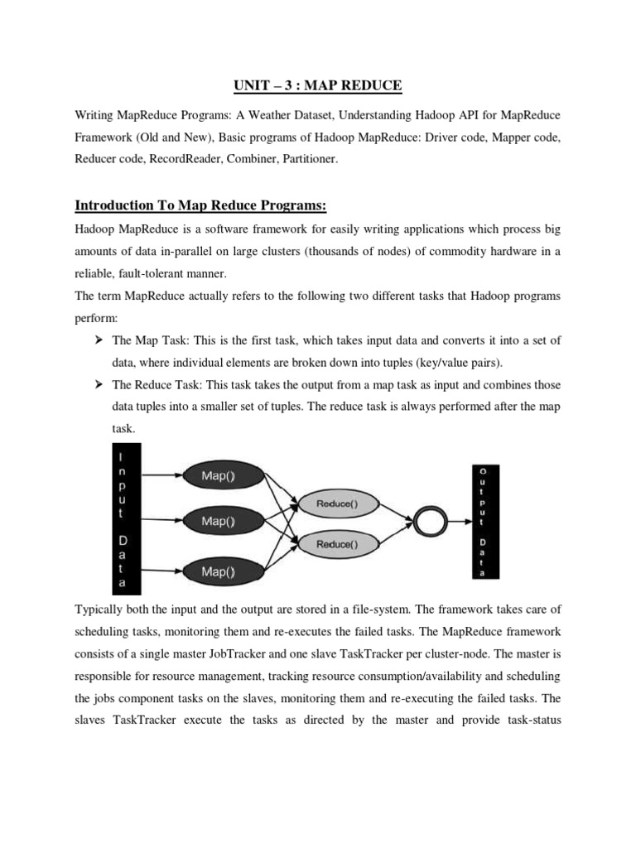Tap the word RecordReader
point(185,157)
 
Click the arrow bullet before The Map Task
point(98,340)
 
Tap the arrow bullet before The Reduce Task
point(98,384)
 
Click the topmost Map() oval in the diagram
point(219,475)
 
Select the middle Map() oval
point(219,522)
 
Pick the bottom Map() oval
point(219,571)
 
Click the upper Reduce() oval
point(336,503)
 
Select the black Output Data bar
point(483,521)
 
